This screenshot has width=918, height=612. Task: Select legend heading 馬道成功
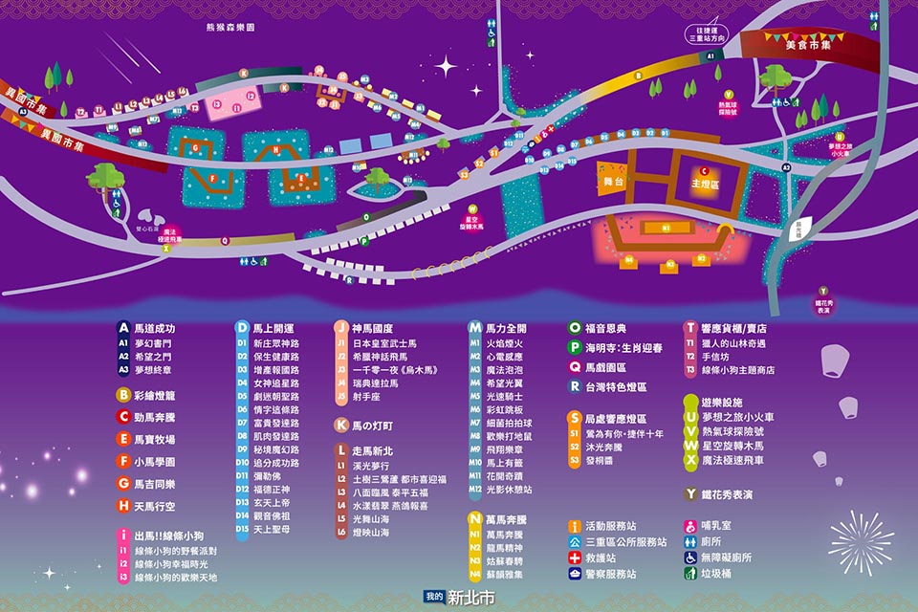[x=153, y=328]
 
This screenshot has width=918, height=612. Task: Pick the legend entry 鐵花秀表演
[x=727, y=494]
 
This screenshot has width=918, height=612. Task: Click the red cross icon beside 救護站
[x=575, y=557]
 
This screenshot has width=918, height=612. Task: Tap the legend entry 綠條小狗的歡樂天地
[x=176, y=578]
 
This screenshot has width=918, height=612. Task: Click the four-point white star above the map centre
[x=446, y=66]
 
